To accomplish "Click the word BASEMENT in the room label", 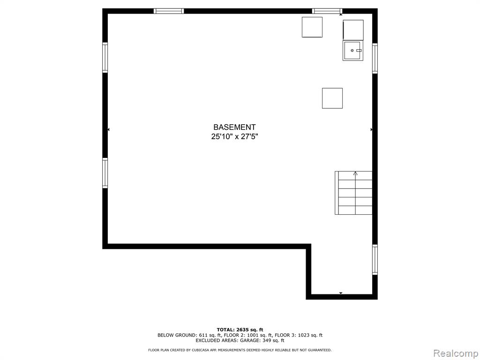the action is (234, 127).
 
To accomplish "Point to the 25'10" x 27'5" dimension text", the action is (234, 136).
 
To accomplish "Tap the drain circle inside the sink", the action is (352, 50).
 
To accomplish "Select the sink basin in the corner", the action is (353, 51).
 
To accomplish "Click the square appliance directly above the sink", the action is (353, 30).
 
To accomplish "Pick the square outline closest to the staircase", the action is (332, 98).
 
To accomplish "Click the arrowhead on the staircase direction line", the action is (355, 173).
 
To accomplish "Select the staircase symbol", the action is (353, 193).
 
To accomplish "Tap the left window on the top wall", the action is (169, 11).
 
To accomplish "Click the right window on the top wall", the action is (327, 11).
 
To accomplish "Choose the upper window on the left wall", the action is (105, 58).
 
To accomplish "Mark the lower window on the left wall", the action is (105, 172).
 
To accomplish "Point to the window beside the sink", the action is (375, 58).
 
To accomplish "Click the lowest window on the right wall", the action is (375, 260).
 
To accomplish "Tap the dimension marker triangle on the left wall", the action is (108, 130).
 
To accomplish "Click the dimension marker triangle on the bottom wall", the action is (341, 293).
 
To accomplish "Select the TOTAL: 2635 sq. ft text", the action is (240, 330).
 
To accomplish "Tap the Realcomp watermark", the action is (456, 353).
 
